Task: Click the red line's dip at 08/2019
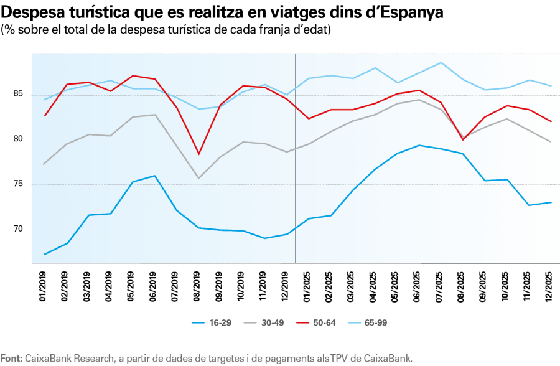click(x=198, y=154)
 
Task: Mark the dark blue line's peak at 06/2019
click(x=154, y=176)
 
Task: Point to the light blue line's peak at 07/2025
click(x=441, y=62)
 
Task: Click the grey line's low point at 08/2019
click(x=198, y=178)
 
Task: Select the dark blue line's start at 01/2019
click(x=45, y=254)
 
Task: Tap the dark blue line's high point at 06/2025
click(x=419, y=145)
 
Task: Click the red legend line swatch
click(x=303, y=323)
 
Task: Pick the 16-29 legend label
click(x=221, y=323)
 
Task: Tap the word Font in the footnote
click(x=11, y=359)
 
